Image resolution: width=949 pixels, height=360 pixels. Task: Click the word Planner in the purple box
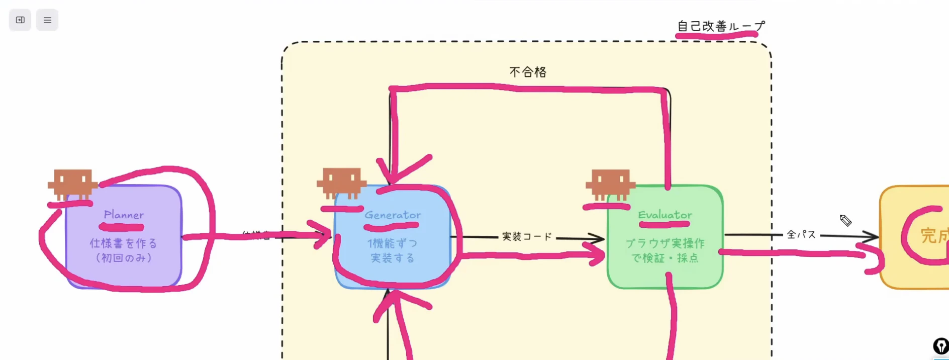point(124,215)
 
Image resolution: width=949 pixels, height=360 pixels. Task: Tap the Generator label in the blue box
point(393,215)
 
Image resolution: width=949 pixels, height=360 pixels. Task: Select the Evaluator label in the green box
point(665,215)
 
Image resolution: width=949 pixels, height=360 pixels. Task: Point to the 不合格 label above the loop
point(528,72)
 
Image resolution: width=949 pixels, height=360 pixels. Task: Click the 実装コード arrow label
point(527,236)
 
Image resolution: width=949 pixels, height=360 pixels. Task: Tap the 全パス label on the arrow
point(801,234)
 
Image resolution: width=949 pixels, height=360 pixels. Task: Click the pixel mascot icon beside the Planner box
point(72,184)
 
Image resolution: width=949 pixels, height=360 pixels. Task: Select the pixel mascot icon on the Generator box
point(341,183)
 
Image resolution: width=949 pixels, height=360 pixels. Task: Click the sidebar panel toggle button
point(20,20)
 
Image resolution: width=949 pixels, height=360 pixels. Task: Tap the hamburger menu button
point(47,20)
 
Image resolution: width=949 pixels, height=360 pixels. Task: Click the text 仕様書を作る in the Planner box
point(123,243)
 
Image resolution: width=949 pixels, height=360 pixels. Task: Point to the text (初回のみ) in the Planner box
point(123,258)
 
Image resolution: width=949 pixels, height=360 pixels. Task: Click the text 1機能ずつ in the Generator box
point(392,243)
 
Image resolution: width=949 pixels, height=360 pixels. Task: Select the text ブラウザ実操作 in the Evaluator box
point(665,243)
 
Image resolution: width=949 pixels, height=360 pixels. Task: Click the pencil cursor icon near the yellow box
point(845,220)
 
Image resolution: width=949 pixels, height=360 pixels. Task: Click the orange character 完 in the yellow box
point(928,235)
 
